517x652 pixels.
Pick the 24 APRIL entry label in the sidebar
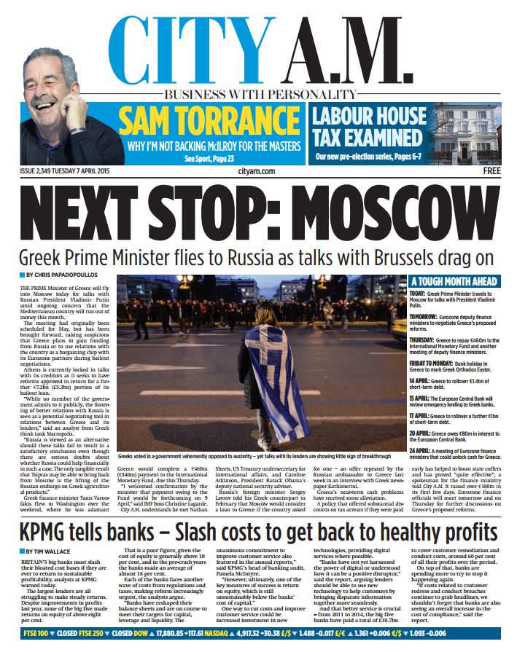(422, 452)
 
